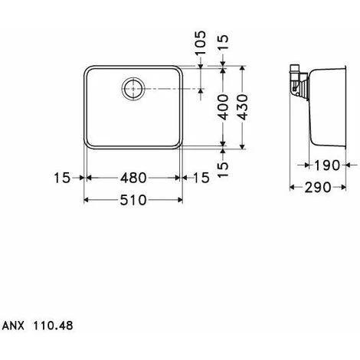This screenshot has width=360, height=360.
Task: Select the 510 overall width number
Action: point(134,201)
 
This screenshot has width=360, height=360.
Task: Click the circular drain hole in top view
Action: point(133,89)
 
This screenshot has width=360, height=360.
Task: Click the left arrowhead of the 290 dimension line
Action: point(292,186)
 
